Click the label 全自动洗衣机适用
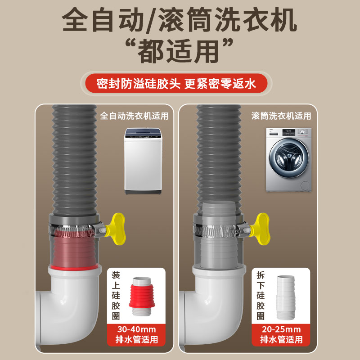[134, 116]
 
